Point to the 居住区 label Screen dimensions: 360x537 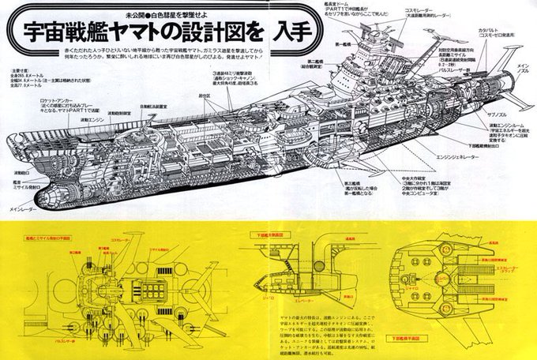pyautogui.click(x=205, y=95)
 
